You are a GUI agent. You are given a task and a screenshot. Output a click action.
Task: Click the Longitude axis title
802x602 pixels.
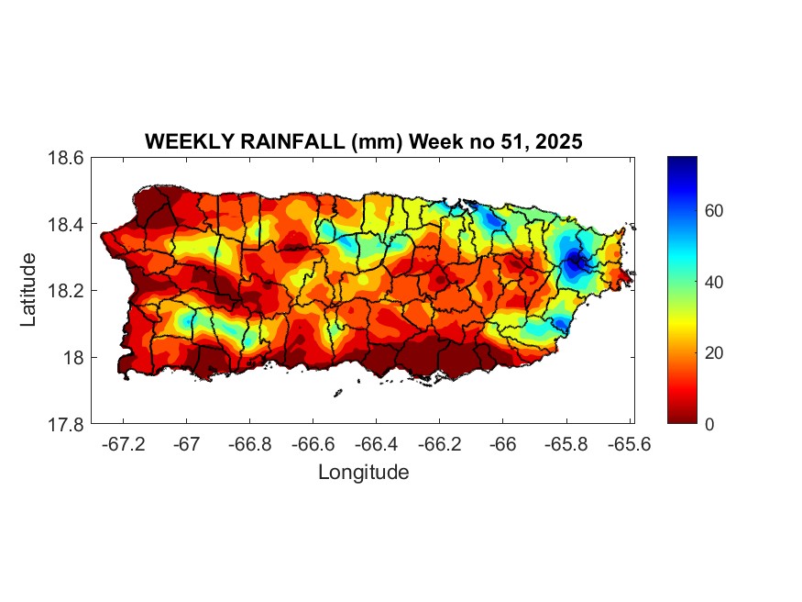tap(363, 473)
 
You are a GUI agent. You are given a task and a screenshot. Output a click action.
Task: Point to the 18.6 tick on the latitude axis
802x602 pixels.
tap(67, 158)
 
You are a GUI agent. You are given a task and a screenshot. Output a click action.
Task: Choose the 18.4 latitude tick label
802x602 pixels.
tap(67, 225)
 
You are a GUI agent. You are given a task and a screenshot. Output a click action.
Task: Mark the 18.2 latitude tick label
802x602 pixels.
tap(67, 291)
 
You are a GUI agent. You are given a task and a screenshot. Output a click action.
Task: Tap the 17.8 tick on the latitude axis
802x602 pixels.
tap(67, 424)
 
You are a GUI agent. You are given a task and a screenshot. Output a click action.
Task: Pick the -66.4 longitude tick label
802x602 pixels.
tap(376, 444)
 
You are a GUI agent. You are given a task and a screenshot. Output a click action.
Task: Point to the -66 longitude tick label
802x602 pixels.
tap(502, 444)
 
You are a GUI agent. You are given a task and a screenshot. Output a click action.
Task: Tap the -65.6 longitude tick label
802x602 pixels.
tap(628, 444)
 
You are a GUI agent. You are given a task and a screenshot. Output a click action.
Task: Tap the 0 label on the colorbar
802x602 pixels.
tap(709, 424)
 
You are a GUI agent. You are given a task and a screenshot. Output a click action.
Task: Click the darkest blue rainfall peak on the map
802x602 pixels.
tap(576, 261)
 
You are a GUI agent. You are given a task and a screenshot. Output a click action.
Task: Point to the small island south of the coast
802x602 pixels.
tap(337, 393)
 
